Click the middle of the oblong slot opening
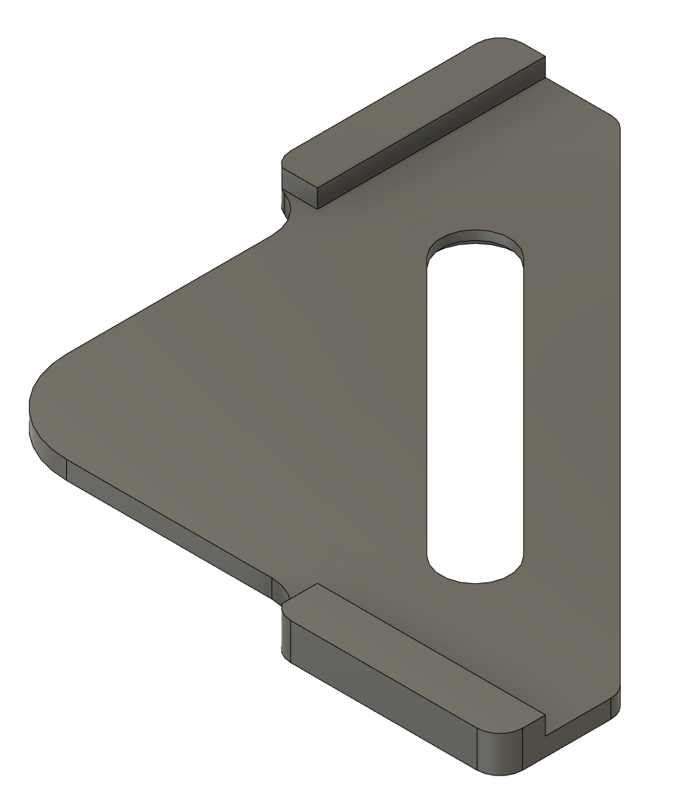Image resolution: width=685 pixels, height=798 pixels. [475, 409]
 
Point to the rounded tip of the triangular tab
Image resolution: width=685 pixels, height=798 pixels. [35, 401]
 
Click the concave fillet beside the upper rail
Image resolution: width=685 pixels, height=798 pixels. [287, 211]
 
